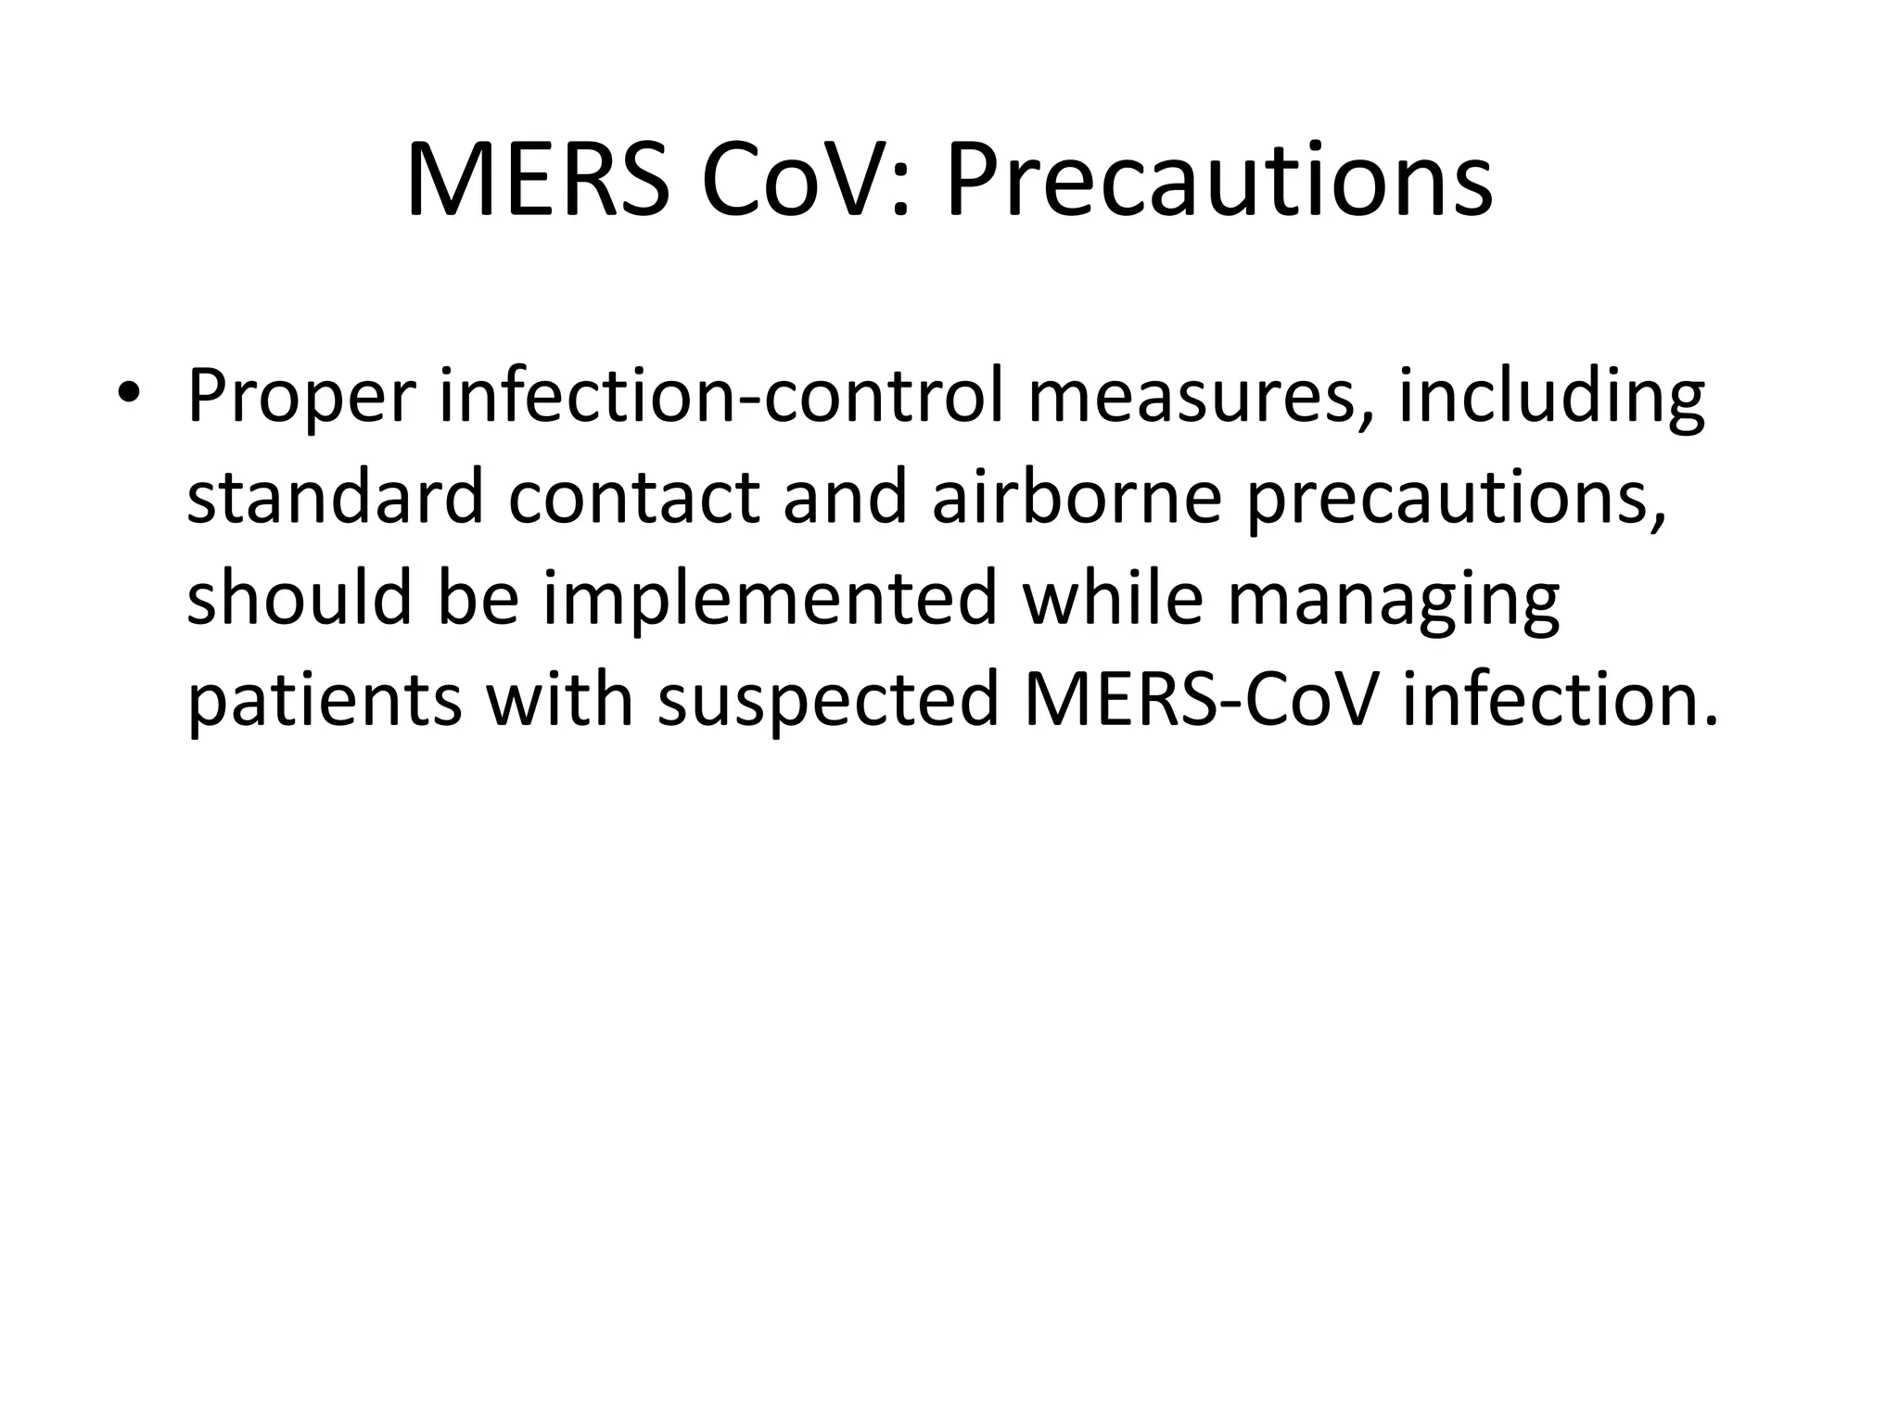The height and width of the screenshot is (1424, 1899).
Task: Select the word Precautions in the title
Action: pos(1218,180)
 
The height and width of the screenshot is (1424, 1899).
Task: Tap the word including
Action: pos(1551,397)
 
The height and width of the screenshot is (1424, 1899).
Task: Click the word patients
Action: pos(324,700)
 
